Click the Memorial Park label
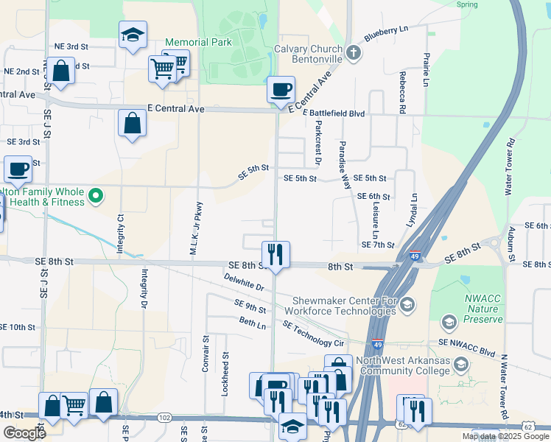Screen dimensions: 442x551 tap(198, 42)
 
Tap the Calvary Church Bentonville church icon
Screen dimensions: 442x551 tap(354, 52)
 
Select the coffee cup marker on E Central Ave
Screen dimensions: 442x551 tap(281, 91)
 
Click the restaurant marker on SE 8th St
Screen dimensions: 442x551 tap(275, 255)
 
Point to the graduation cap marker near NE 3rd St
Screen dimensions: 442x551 tap(133, 35)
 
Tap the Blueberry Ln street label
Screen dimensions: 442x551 tap(386, 33)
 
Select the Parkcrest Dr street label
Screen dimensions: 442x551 tap(318, 143)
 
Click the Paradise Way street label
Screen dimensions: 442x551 tap(344, 166)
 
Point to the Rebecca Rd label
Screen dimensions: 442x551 tap(402, 96)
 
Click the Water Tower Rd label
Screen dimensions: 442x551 tap(508, 166)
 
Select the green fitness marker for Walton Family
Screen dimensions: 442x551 tap(94, 196)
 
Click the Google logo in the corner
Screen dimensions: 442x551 tap(24, 432)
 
